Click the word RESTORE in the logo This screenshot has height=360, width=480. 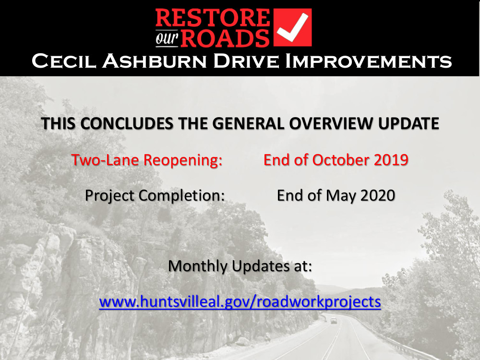click(x=213, y=18)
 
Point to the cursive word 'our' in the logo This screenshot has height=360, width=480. click(x=167, y=38)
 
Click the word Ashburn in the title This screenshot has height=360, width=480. click(x=155, y=61)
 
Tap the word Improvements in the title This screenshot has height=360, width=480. click(x=368, y=61)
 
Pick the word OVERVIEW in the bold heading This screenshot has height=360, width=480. click(x=331, y=123)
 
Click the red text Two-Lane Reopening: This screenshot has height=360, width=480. click(x=147, y=160)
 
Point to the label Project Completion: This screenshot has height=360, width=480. click(x=155, y=196)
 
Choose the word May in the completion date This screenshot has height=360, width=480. click(x=341, y=196)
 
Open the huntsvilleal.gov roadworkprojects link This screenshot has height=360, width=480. click(x=240, y=302)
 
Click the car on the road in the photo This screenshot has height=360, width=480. click(x=334, y=321)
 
